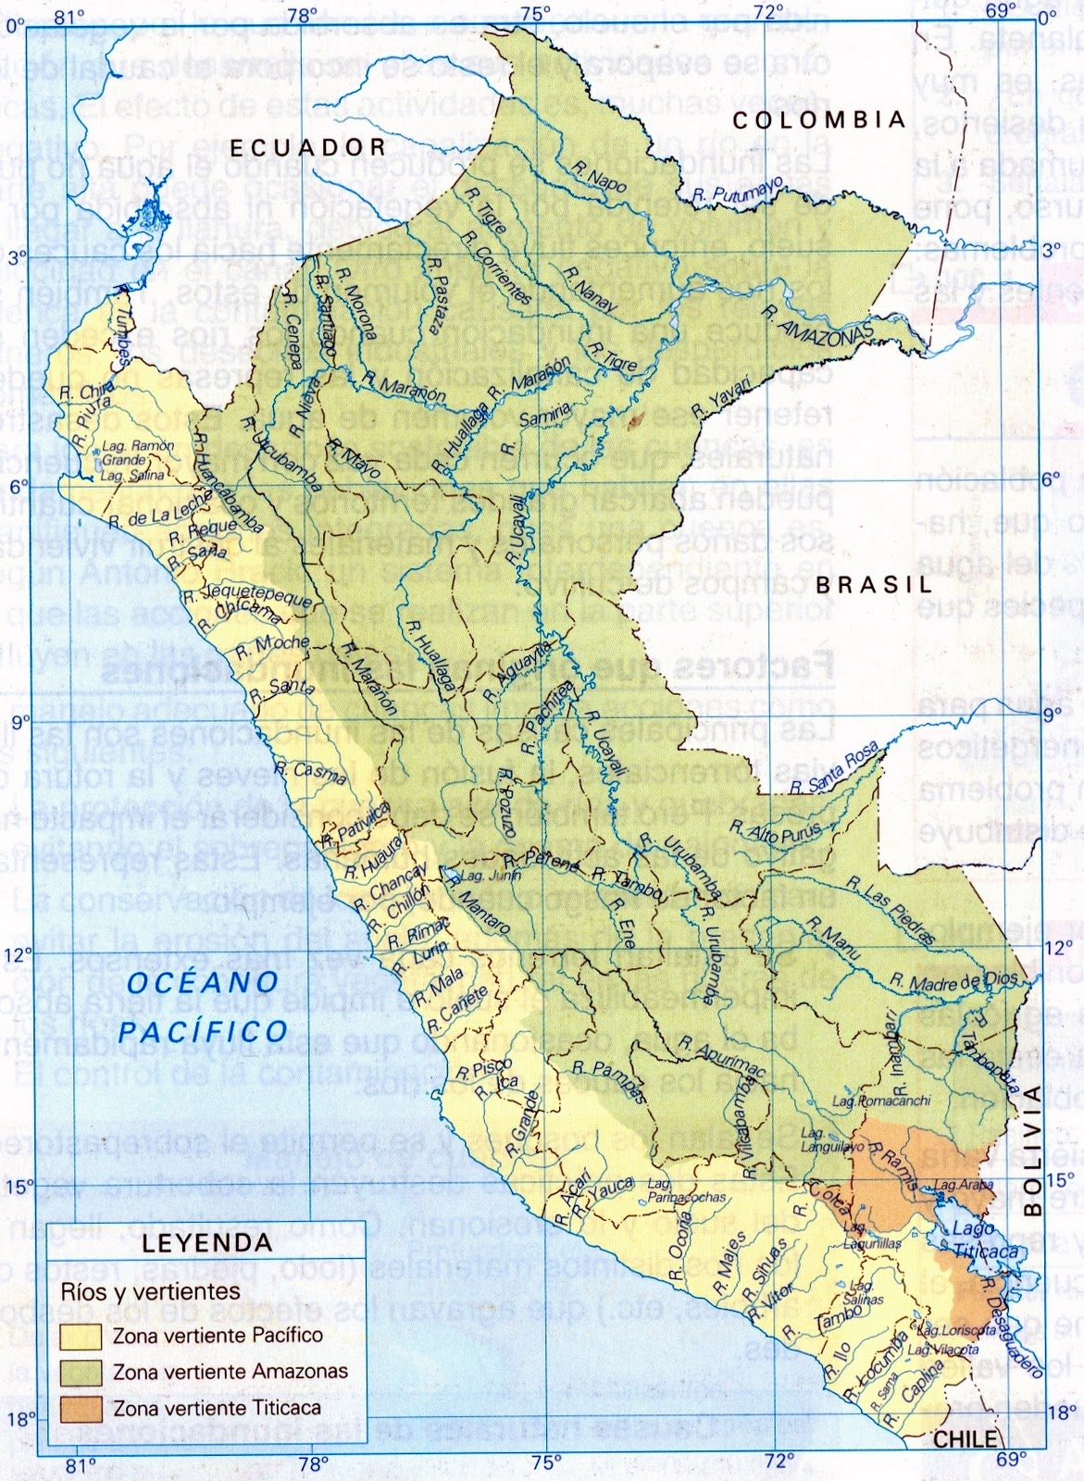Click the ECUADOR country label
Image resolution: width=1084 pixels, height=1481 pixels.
(307, 147)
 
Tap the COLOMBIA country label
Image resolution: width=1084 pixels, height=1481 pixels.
(818, 120)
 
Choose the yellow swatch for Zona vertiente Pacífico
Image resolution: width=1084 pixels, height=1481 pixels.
(82, 1336)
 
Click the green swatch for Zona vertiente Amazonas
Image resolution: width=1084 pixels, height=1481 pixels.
(82, 1372)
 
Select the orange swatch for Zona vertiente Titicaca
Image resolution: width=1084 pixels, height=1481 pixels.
(82, 1408)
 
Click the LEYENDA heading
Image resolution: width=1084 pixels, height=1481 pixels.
(206, 1242)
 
